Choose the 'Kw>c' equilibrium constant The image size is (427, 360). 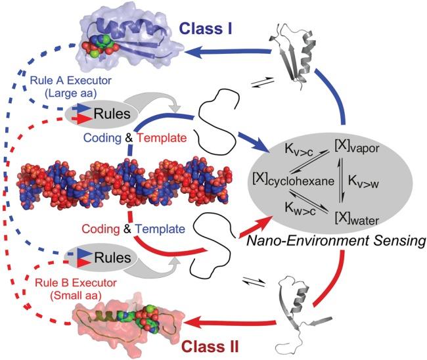pyautogui.click(x=300, y=209)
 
